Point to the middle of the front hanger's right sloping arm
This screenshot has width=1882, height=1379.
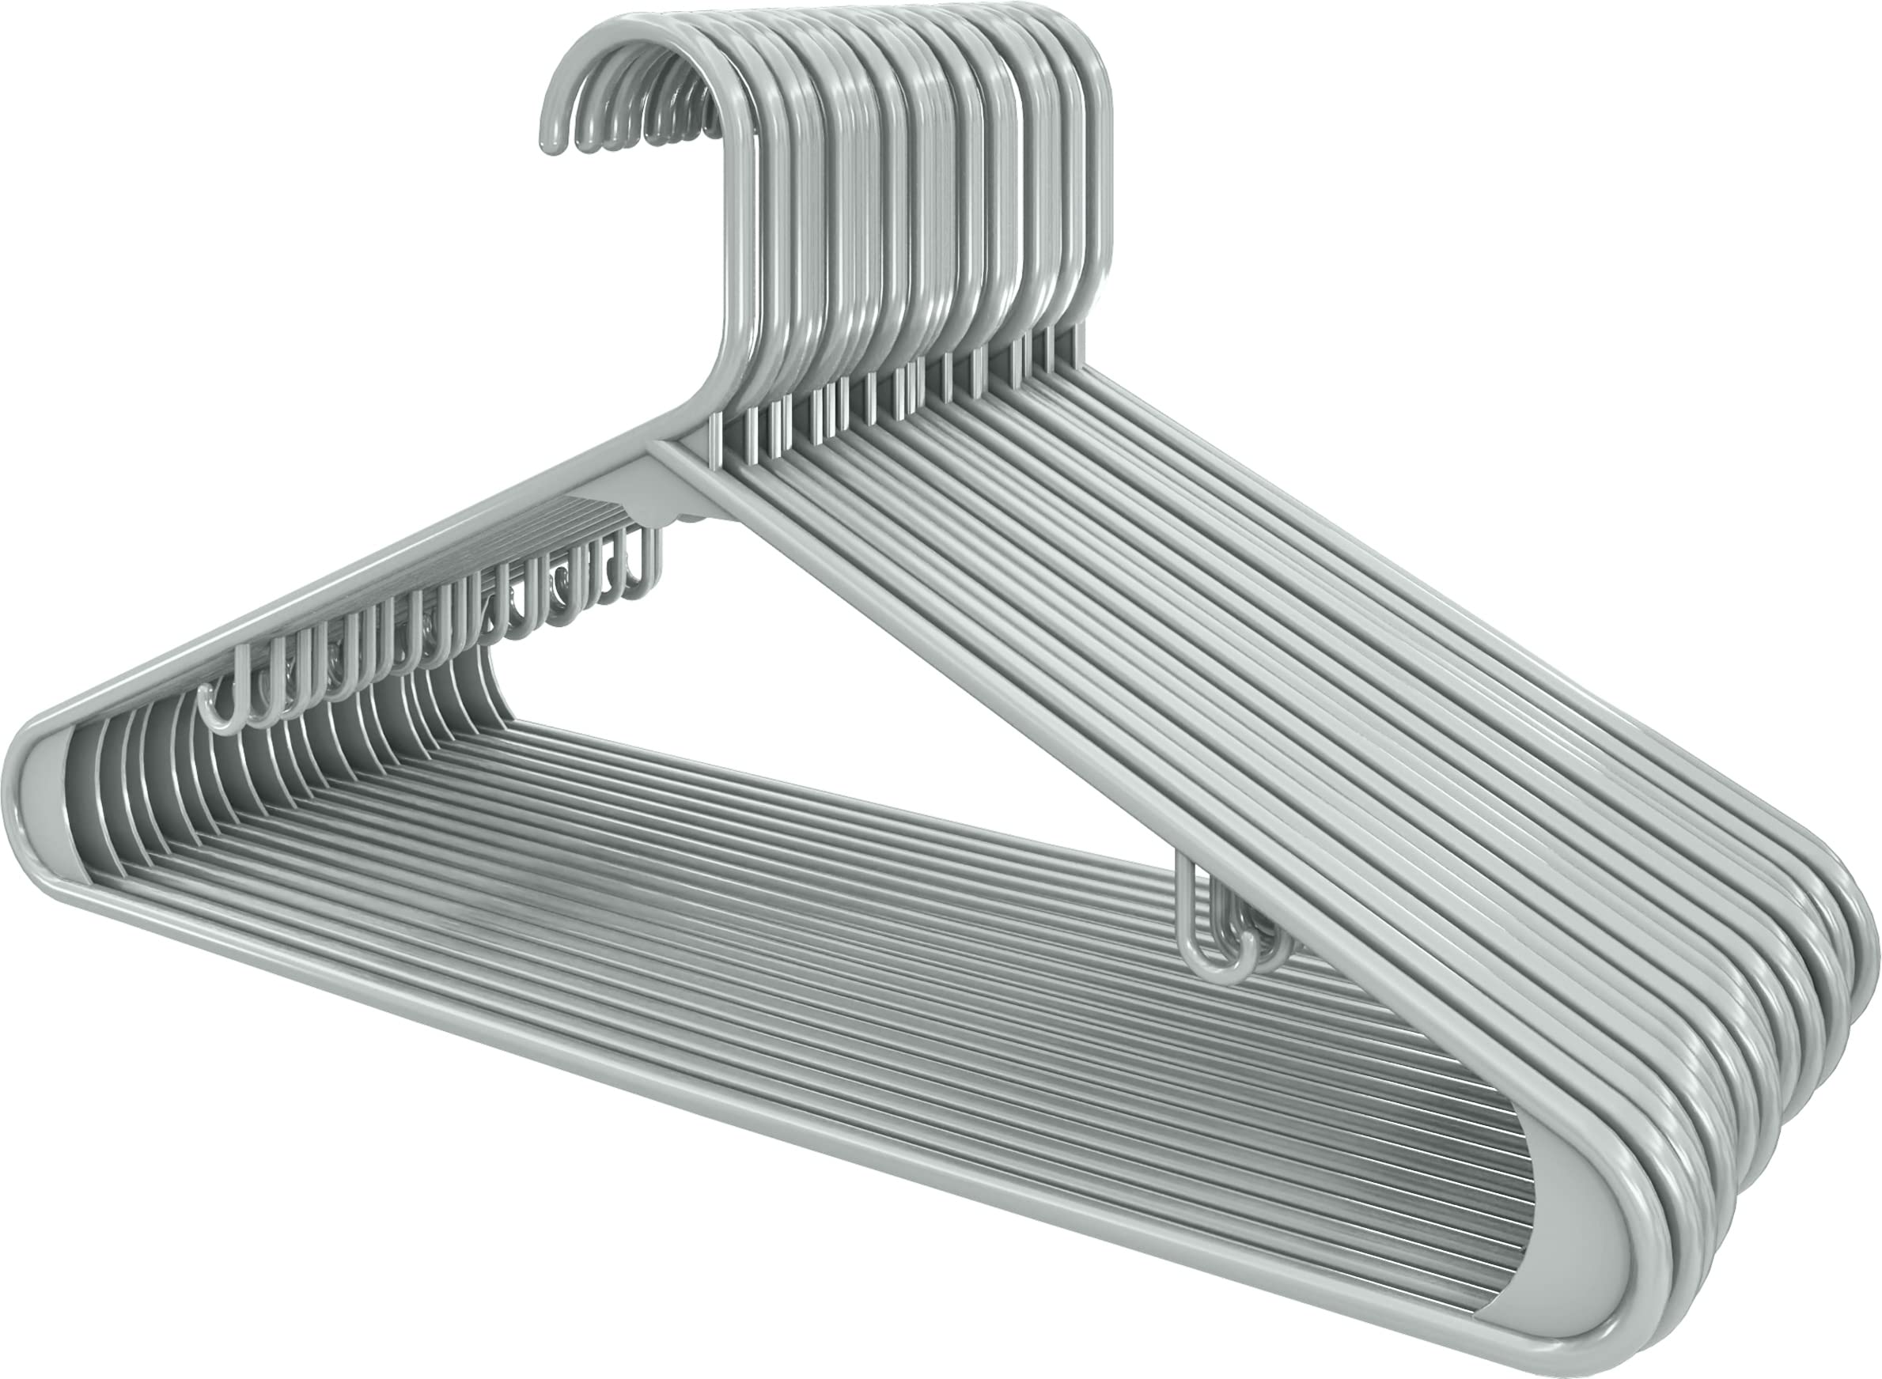[1169, 835]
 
